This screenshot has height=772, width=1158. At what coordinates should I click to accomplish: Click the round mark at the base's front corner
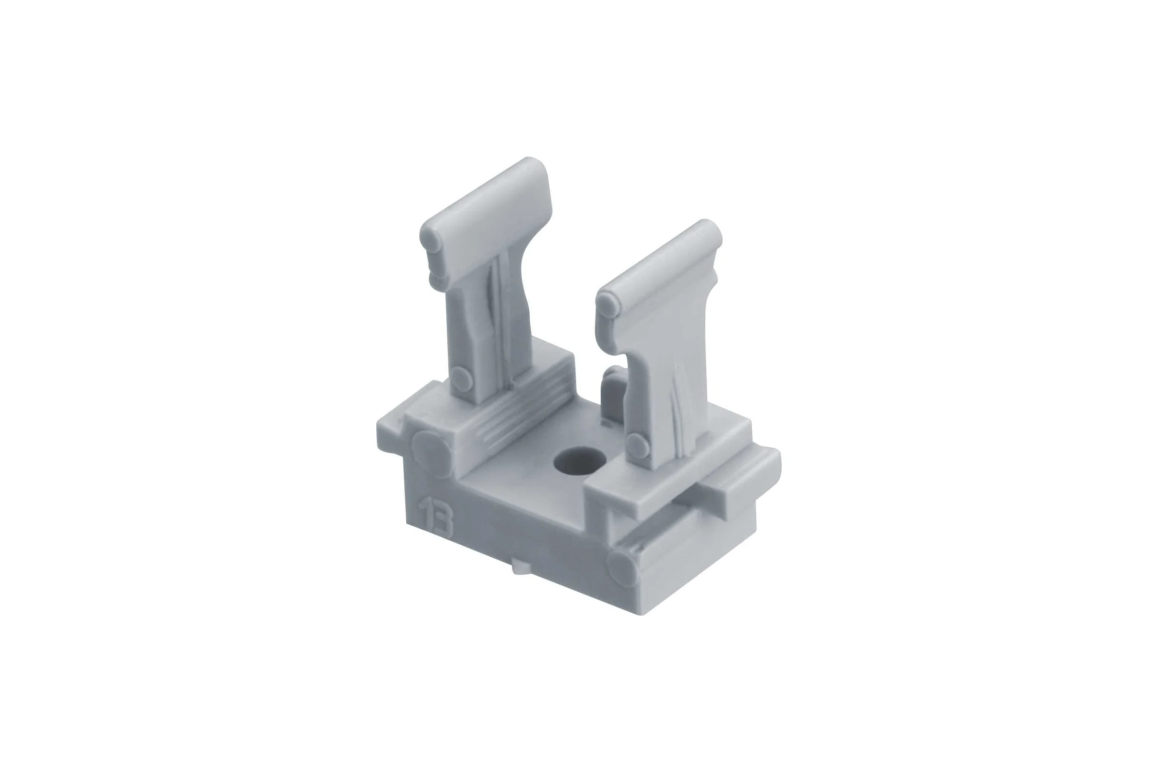pos(623,569)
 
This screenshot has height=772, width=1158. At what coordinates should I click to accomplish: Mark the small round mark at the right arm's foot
pos(637,445)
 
